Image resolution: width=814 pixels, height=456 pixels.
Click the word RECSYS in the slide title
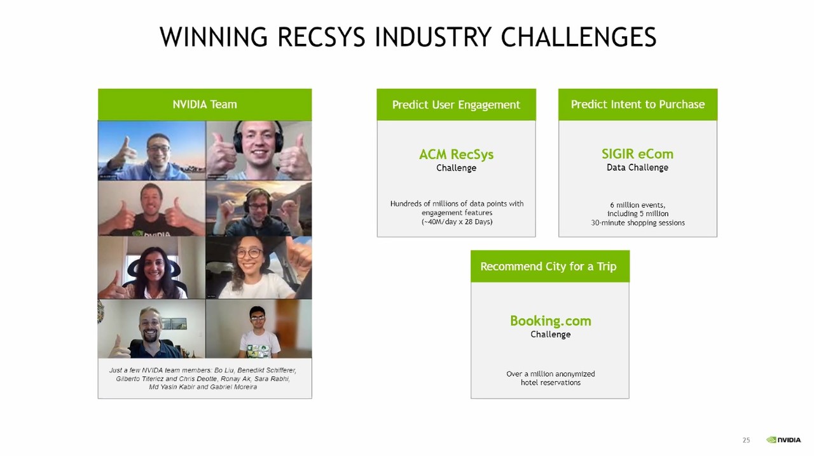(321, 37)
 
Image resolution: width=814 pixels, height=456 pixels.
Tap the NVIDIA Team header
(205, 105)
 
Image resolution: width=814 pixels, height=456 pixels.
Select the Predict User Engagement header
(456, 105)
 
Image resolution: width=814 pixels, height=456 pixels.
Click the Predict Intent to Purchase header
(638, 105)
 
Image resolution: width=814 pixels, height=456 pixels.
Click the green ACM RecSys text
(456, 154)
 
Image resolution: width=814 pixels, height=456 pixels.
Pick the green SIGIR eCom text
(637, 154)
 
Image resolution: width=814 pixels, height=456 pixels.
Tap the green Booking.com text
(551, 321)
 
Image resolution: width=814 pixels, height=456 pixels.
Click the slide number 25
(746, 440)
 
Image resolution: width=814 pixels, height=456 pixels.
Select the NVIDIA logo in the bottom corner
(783, 439)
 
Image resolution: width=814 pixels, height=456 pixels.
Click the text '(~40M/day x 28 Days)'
(457, 222)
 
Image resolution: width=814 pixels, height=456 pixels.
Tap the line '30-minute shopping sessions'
(638, 223)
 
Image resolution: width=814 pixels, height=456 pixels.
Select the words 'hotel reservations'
(551, 383)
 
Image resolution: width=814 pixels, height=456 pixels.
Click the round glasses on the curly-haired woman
(250, 253)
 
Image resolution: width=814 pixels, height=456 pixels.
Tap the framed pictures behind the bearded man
(174, 323)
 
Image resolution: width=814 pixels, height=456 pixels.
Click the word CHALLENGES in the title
(579, 37)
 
